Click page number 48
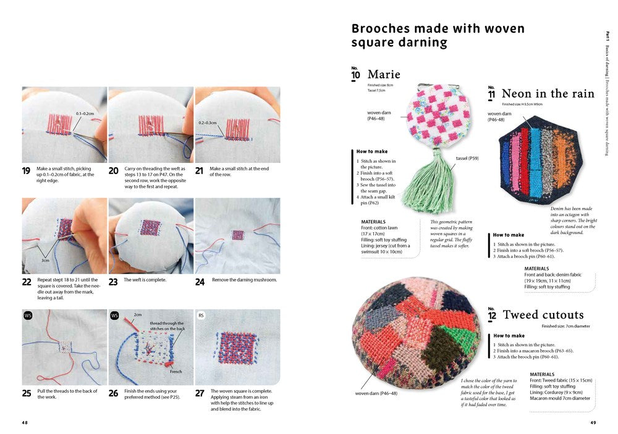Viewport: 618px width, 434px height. pos(25,423)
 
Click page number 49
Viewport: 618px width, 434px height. pos(593,423)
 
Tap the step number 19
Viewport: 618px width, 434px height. pos(27,171)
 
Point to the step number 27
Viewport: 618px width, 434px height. pos(200,393)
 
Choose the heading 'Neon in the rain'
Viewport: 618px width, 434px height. pos(548,94)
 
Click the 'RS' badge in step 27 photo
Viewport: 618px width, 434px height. pos(201,315)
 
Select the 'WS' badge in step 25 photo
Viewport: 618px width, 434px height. pos(28,315)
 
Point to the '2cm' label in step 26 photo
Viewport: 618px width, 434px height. pos(137,314)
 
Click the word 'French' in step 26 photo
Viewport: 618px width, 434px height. pos(176,372)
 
